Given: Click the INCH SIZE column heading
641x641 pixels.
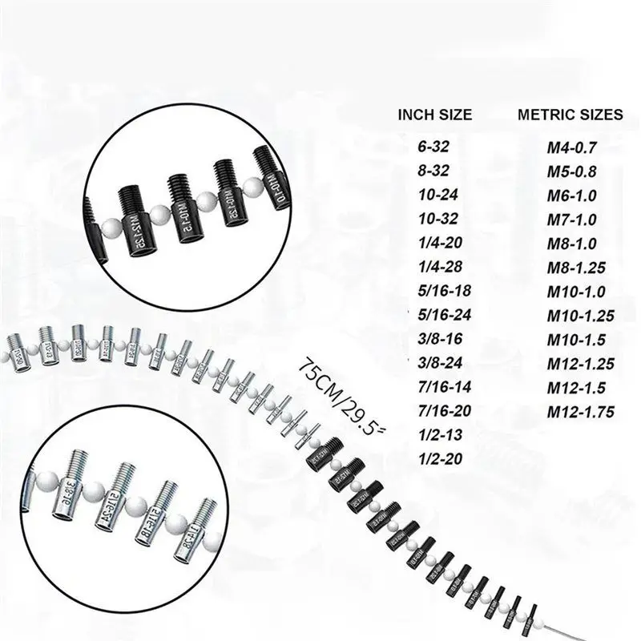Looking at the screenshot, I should tap(435, 115).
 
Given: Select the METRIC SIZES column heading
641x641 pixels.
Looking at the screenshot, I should tap(570, 115).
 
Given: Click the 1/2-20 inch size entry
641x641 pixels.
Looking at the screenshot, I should tap(437, 460).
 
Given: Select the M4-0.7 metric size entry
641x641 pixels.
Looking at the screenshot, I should tap(572, 147).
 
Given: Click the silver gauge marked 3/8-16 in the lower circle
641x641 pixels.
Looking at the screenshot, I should tap(69, 497).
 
